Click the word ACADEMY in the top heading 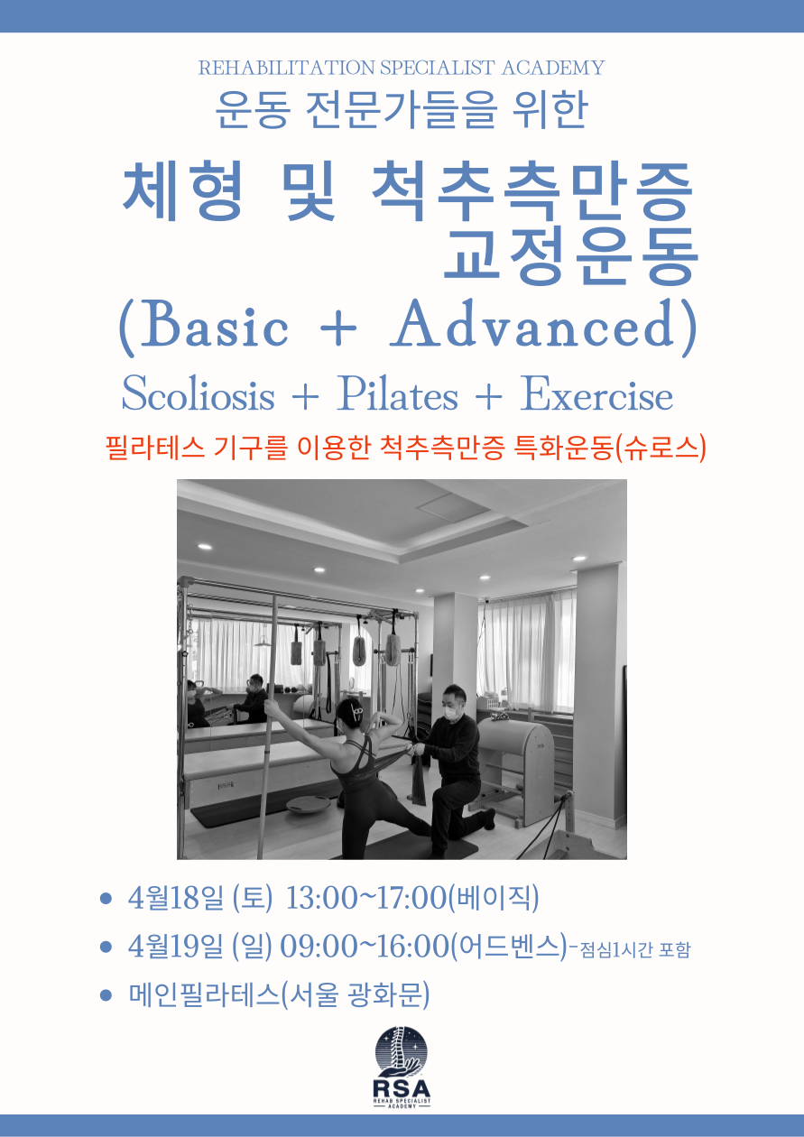(x=553, y=68)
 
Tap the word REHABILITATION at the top (x=286, y=68)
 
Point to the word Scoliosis (x=198, y=394)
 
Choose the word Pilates (x=397, y=394)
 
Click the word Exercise (x=596, y=394)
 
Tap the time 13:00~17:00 (x=365, y=897)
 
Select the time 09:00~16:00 (x=365, y=946)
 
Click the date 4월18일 (x=176, y=897)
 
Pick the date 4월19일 (x=176, y=946)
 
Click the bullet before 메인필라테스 (x=106, y=995)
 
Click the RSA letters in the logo (x=402, y=1088)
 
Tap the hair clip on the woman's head (x=356, y=712)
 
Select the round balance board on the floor (x=308, y=805)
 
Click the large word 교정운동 (x=571, y=254)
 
